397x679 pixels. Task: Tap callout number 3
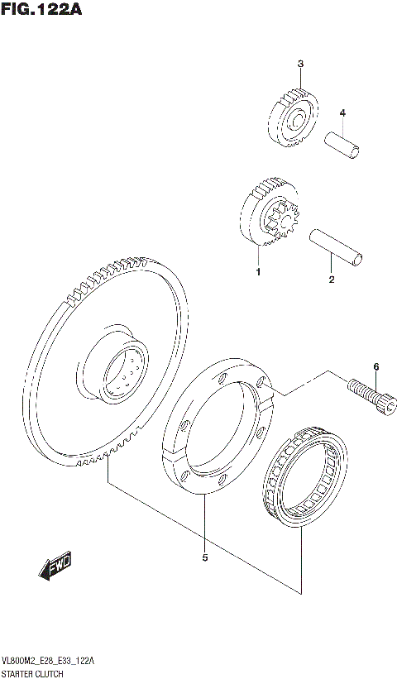[x=300, y=64]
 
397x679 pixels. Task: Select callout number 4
[x=342, y=112]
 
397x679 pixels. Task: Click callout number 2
[x=331, y=280]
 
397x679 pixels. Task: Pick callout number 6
[x=375, y=366]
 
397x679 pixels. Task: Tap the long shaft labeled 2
[x=334, y=247]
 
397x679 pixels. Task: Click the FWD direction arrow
[x=55, y=567]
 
